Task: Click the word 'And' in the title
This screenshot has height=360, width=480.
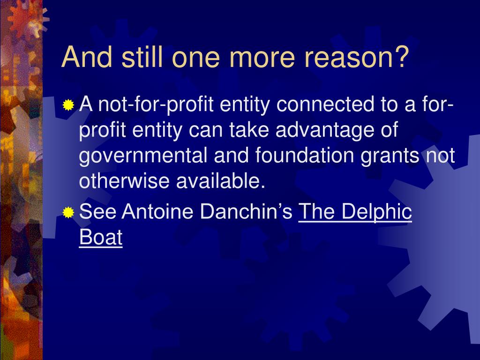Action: click(x=87, y=57)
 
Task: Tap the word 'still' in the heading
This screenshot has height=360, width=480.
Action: click(x=142, y=56)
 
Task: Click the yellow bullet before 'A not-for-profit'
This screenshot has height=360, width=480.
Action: click(x=68, y=105)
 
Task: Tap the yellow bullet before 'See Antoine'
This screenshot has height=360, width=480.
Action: click(x=68, y=212)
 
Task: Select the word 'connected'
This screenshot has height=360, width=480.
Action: click(x=325, y=104)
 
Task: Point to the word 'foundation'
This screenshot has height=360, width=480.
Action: click(x=305, y=155)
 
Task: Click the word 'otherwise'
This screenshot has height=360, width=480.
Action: click(x=124, y=180)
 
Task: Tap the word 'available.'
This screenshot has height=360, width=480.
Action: click(x=221, y=180)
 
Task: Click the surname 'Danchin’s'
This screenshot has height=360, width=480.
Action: click(x=247, y=211)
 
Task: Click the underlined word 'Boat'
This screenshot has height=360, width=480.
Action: click(x=101, y=237)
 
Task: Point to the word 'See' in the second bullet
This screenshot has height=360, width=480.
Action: click(x=97, y=211)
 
